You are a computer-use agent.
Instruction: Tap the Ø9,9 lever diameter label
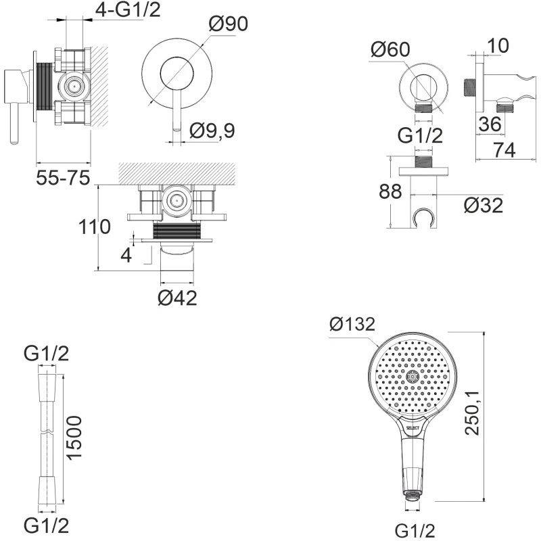tap(212, 131)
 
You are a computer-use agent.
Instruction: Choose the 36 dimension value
tap(490, 123)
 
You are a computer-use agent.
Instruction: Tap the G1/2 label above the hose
tap(46, 353)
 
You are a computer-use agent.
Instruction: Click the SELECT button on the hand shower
tap(414, 427)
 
